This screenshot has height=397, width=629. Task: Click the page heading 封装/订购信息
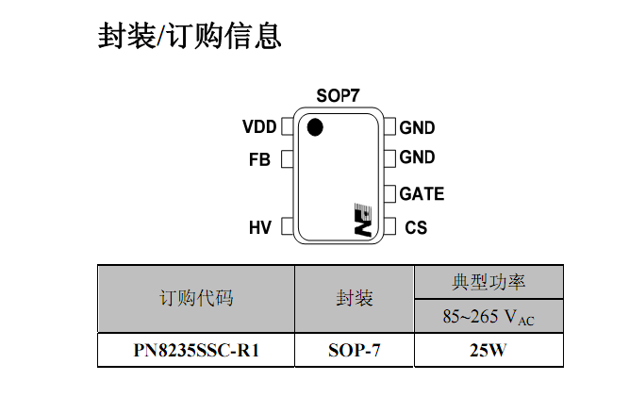190,36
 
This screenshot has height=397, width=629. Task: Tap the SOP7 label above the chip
338,95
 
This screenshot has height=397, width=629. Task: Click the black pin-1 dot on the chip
315,127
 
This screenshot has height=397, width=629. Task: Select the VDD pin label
259,126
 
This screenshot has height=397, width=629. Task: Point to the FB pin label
259,159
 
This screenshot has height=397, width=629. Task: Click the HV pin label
260,227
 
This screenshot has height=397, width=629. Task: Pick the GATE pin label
422,193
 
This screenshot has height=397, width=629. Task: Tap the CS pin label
416,227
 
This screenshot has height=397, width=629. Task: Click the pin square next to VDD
288,126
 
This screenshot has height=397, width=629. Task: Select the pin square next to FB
288,159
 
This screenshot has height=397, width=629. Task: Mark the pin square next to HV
288,226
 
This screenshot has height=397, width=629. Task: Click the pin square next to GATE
389,193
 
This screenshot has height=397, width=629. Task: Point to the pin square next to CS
389,226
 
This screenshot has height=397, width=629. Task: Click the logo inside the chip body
363,220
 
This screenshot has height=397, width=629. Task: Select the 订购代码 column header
196,298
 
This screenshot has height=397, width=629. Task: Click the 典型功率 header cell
488,282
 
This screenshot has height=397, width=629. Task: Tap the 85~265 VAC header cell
488,317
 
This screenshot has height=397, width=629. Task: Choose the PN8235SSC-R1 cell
196,350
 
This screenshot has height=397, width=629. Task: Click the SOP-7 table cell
355,350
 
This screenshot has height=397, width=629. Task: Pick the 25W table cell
488,350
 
